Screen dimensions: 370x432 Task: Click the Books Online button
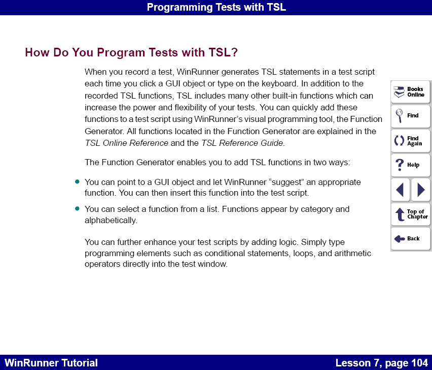coord(410,92)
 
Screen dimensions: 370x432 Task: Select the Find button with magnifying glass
coord(410,116)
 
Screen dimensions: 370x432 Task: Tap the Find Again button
coord(410,140)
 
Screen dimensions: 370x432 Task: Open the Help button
coord(410,165)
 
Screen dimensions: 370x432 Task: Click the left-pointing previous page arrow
coord(400,190)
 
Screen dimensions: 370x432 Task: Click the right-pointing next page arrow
coord(421,190)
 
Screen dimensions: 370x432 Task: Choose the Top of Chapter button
coord(410,214)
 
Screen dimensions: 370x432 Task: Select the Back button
coord(410,238)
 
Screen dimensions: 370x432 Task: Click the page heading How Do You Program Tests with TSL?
coord(131,53)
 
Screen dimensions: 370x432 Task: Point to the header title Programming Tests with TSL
coord(216,7)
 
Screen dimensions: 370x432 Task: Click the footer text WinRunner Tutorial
coord(51,363)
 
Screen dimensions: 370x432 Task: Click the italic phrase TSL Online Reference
coord(126,143)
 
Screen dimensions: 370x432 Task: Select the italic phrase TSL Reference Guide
coord(242,143)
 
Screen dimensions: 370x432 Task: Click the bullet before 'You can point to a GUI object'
coord(78,181)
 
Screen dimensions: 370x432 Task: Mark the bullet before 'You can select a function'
coord(78,208)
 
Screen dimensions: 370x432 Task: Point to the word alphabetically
coord(110,221)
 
